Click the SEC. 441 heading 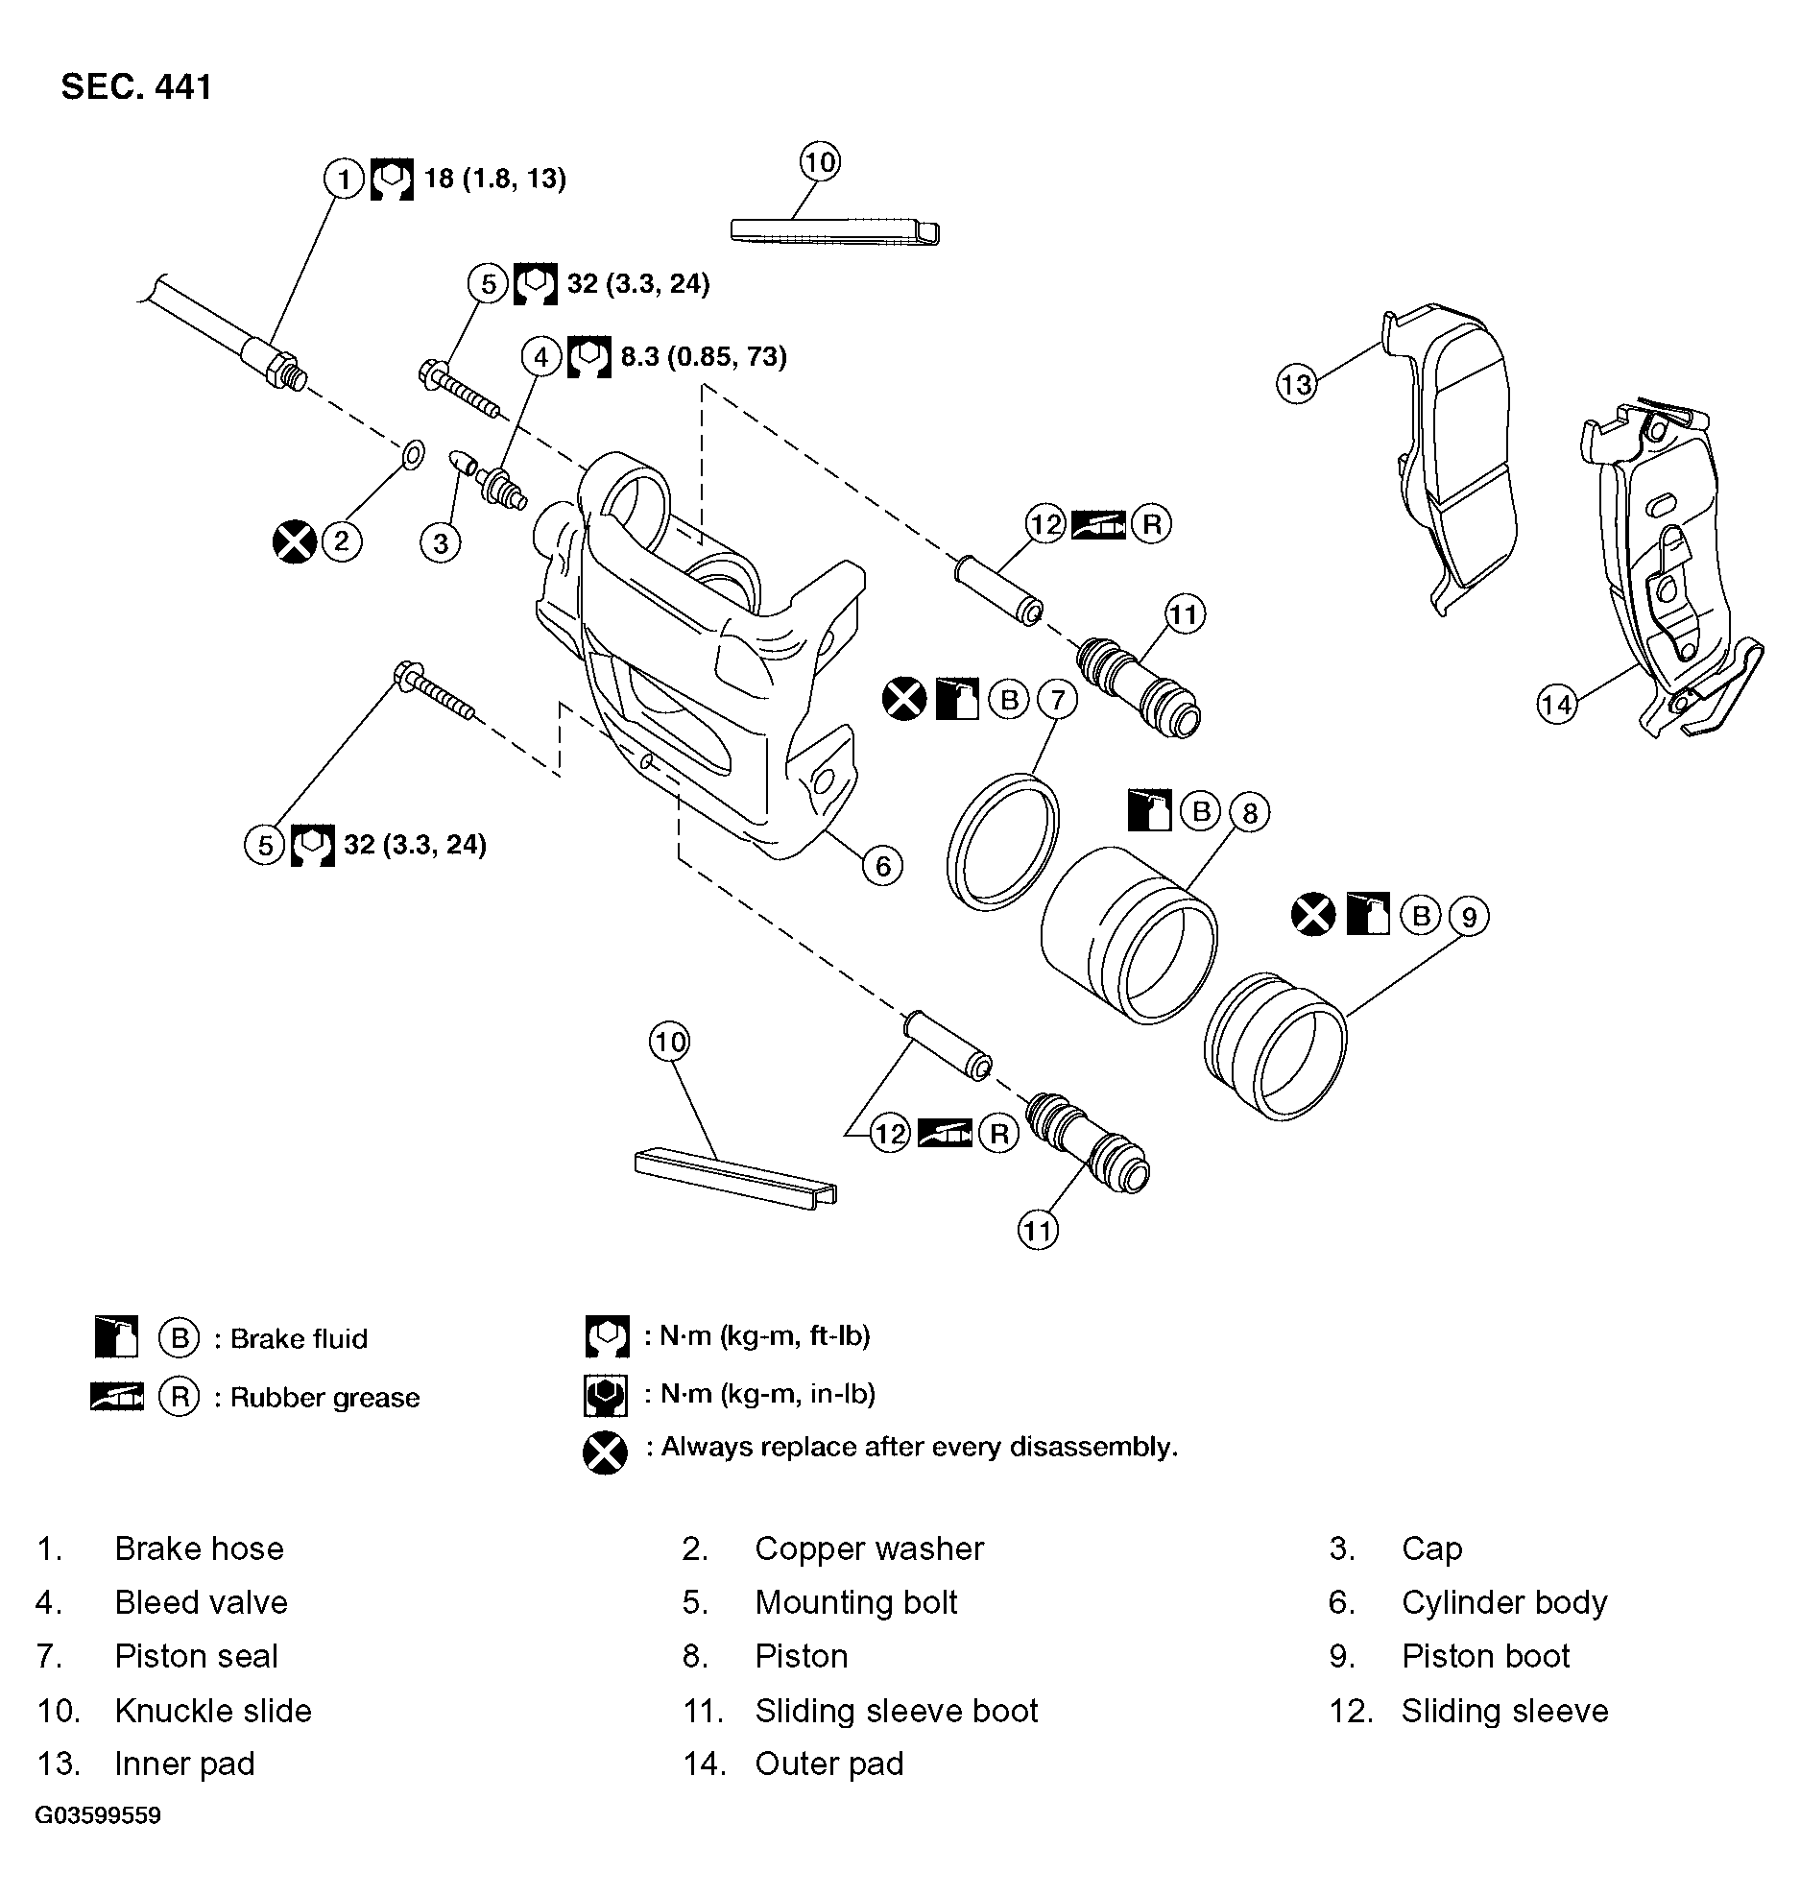[135, 87]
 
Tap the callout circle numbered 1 [344, 179]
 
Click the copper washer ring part [412, 453]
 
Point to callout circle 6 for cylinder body [882, 866]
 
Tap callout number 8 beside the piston [1249, 813]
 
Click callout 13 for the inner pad [1296, 385]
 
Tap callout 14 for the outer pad [1556, 705]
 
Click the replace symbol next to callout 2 [295, 541]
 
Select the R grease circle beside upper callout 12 [1151, 524]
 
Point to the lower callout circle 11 [1038, 1230]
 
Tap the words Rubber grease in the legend [324, 1397]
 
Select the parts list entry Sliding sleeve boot [896, 1710]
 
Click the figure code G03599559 [98, 1815]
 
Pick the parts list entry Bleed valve [201, 1602]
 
